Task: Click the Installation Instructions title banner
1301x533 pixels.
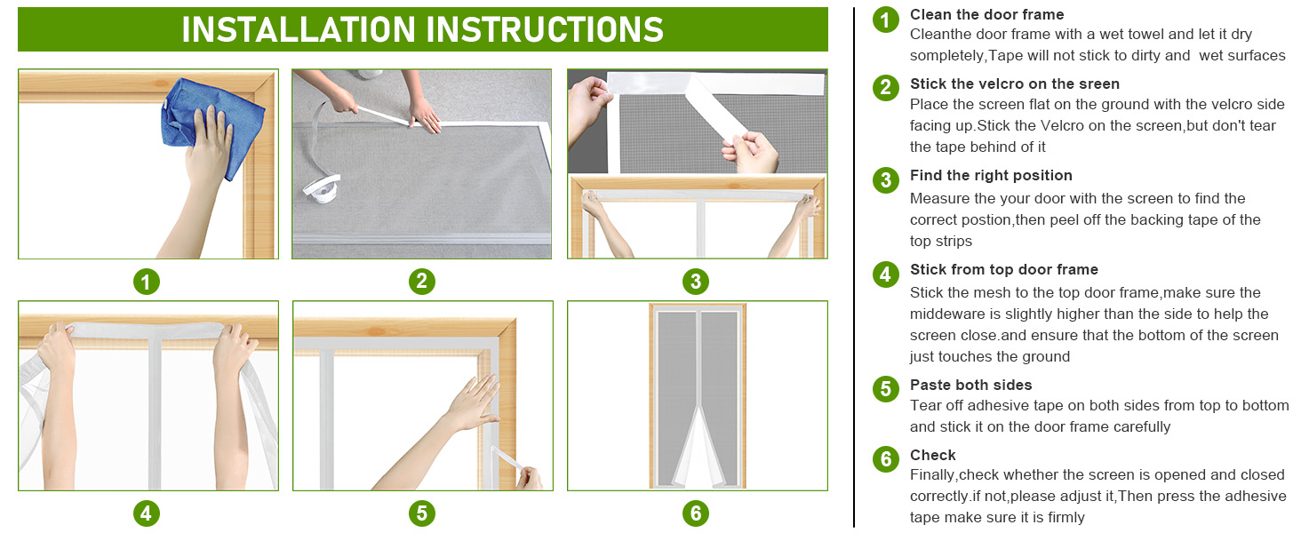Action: pos(423,29)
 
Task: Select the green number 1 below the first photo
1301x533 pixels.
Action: pos(147,282)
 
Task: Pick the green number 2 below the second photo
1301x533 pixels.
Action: pos(421,281)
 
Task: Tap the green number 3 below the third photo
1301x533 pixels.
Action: pos(696,282)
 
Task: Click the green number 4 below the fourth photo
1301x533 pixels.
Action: pos(147,513)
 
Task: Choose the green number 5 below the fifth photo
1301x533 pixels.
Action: pos(421,513)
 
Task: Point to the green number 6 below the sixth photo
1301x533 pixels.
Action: pos(696,513)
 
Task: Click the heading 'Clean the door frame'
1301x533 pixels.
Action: pos(986,14)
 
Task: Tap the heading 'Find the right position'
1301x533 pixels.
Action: pos(991,175)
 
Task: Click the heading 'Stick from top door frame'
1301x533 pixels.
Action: pos(1003,269)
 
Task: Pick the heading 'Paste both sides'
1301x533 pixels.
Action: pos(970,385)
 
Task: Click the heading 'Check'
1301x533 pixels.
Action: pos(933,455)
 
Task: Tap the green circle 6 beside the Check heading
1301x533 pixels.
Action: pos(886,458)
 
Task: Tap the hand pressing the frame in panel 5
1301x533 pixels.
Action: pos(474,402)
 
